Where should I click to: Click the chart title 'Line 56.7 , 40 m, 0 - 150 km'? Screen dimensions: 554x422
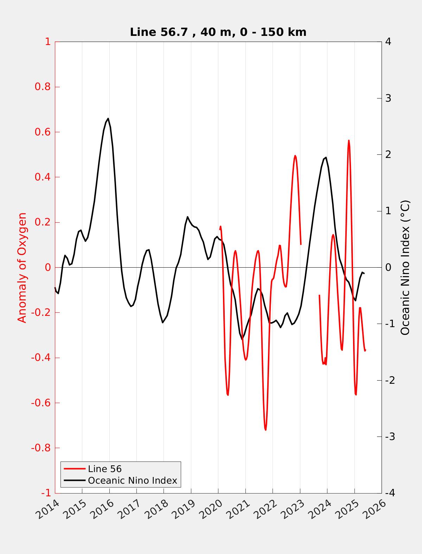click(218, 32)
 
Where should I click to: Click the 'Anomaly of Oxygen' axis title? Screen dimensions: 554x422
click(22, 267)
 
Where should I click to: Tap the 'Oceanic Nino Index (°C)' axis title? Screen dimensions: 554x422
click(405, 267)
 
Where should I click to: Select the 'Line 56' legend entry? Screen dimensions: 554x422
click(104, 469)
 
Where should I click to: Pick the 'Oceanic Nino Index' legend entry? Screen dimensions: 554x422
click(132, 480)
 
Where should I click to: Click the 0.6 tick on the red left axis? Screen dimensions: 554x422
click(43, 132)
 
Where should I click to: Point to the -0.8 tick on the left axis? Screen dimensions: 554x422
click(41, 448)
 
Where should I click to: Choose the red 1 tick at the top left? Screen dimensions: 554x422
click(47, 42)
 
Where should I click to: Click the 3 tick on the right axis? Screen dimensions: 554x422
click(388, 98)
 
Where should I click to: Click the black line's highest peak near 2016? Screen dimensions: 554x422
click(108, 119)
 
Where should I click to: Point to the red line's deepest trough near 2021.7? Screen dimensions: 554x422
click(266, 429)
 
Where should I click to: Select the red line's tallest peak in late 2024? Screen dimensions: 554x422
click(349, 140)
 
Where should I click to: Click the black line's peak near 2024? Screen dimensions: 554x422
click(326, 157)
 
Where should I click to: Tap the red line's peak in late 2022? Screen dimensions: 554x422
click(295, 155)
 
